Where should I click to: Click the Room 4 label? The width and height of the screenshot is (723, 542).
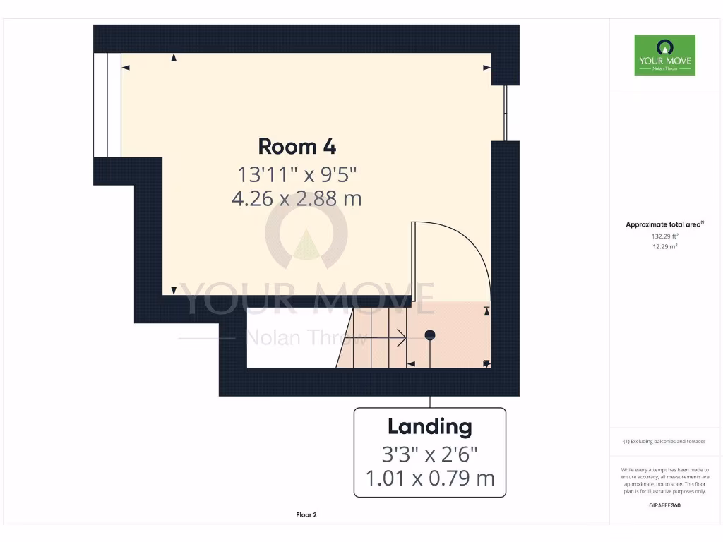[x=297, y=146]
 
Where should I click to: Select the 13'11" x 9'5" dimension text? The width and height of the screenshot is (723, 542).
[x=297, y=173]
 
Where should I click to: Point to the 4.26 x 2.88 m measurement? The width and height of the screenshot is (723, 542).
[x=297, y=198]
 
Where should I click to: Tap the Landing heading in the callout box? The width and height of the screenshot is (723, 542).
[x=429, y=426]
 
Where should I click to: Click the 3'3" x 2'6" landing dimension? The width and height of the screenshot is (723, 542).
[x=429, y=452]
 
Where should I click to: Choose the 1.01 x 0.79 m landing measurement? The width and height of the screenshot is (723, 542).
[x=429, y=478]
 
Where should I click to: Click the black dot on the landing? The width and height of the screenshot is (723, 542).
[x=429, y=335]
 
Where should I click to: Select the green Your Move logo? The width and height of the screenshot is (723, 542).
[x=664, y=56]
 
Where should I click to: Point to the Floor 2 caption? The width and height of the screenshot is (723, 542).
[x=306, y=515]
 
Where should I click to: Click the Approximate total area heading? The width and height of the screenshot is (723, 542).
[x=664, y=224]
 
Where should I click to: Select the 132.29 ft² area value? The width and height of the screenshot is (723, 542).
[x=664, y=236]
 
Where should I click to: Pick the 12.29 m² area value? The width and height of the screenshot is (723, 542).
[x=664, y=246]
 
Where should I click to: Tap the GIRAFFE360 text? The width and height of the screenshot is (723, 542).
[x=664, y=505]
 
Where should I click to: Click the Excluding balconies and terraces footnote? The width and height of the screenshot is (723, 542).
[x=664, y=442]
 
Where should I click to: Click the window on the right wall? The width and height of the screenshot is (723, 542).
[x=505, y=113]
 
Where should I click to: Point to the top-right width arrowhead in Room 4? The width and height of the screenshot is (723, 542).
[x=486, y=68]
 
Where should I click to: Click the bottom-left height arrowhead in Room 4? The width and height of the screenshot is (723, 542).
[x=174, y=290]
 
